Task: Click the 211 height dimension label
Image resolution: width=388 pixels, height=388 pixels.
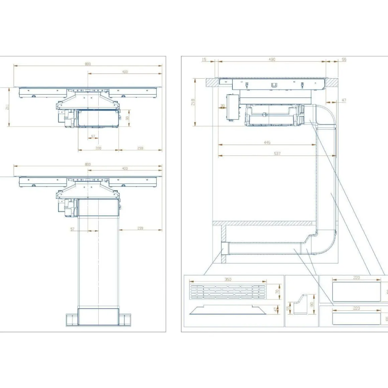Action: [x=7, y=107]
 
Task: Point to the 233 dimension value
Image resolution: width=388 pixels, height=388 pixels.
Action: [x=140, y=148]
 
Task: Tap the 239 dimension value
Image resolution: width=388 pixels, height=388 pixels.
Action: [x=140, y=228]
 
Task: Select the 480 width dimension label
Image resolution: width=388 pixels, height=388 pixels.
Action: [x=272, y=60]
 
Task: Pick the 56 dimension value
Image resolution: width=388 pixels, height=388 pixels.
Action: [x=344, y=60]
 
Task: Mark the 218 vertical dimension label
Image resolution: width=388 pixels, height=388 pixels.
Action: [x=193, y=102]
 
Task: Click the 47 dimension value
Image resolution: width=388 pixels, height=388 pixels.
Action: [x=344, y=100]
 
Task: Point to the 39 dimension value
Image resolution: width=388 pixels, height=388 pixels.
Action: [x=222, y=106]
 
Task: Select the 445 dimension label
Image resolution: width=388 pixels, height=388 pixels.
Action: [x=267, y=142]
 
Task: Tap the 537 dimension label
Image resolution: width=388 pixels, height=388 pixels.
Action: [x=277, y=154]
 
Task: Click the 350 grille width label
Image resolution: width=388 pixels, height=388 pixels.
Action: [x=228, y=280]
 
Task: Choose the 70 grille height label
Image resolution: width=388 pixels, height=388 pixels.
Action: [x=277, y=292]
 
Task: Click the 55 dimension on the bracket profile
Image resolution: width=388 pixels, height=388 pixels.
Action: [x=288, y=308]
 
